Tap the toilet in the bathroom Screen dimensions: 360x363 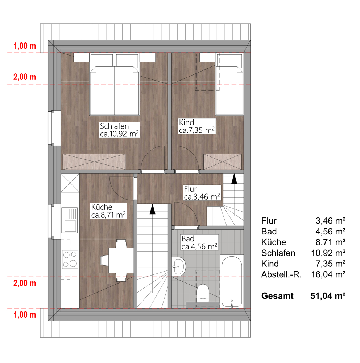coord(203,293)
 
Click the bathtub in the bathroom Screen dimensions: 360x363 coord(232,282)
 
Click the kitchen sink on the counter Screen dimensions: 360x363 coord(69,220)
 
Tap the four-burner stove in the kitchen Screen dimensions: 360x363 coord(70,260)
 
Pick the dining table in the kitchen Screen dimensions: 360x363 coord(121,260)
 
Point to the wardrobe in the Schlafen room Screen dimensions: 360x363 coord(94,162)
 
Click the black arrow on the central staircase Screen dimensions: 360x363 coord(152,209)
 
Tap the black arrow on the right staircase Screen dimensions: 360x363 coord(234,179)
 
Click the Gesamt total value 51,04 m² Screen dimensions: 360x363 coord(328,296)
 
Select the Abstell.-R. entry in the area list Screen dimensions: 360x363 coord(281,274)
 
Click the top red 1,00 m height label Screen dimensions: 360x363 coord(25,46)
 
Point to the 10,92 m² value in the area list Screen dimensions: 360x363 coord(328,253)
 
